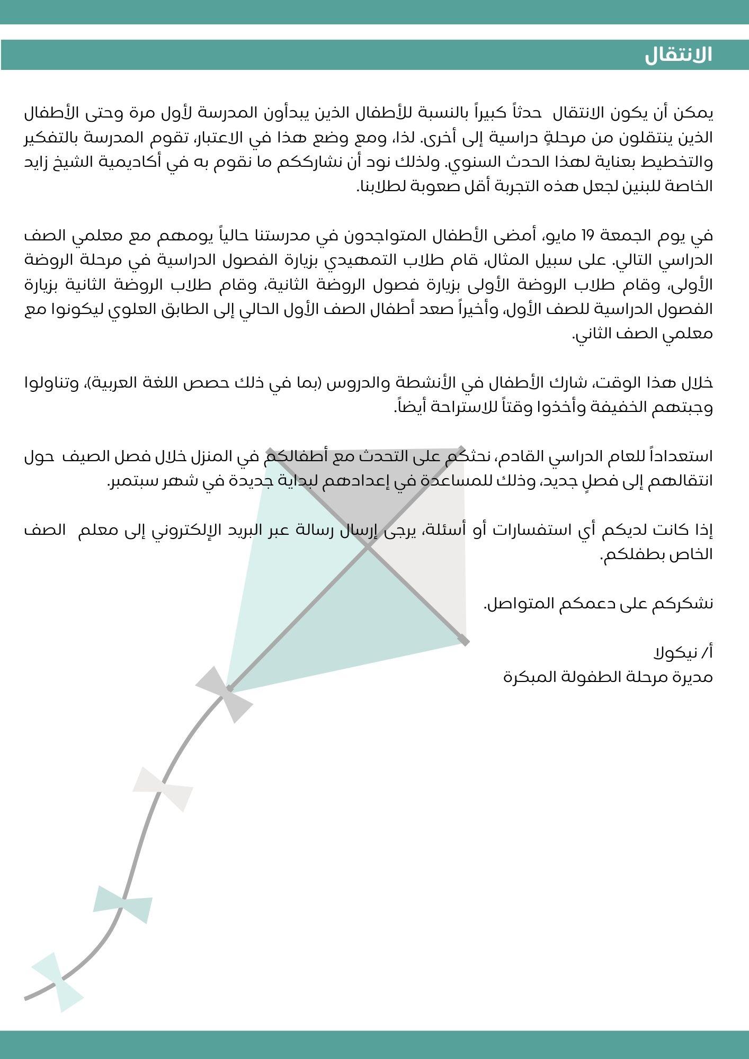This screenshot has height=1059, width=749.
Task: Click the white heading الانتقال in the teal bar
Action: (678, 55)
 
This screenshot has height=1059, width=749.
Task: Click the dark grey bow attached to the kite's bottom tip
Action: (224, 694)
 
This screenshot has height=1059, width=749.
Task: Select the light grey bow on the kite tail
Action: (163, 789)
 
